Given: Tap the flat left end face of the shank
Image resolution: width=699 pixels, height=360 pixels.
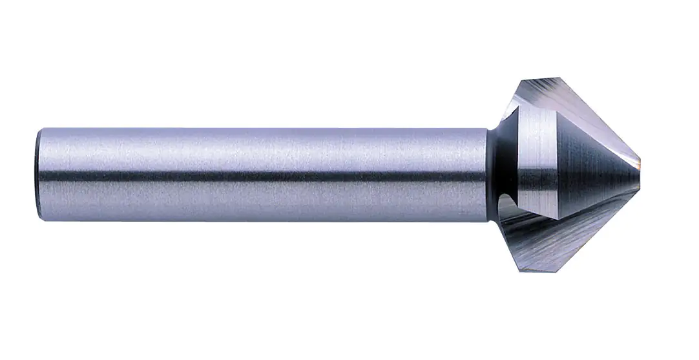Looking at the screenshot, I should tap(39, 175).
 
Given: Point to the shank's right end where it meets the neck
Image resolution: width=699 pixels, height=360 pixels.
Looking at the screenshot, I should tap(486, 175).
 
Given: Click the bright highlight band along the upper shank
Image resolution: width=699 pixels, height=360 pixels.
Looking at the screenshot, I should tap(258, 145).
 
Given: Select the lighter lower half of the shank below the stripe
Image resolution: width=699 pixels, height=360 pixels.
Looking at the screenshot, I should tap(258, 200).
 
